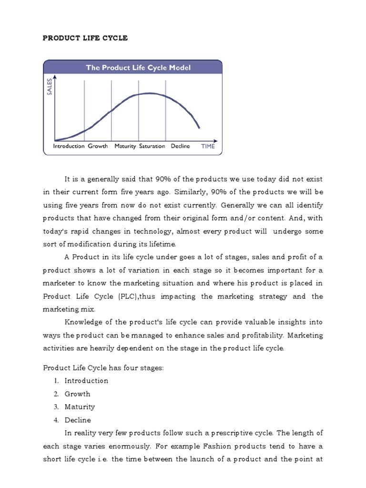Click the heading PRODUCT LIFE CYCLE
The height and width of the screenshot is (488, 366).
(85, 38)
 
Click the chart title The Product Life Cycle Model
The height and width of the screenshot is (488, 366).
(138, 68)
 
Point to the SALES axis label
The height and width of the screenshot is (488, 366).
(49, 87)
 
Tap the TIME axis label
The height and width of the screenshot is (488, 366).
(208, 146)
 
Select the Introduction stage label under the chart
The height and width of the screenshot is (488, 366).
(69, 146)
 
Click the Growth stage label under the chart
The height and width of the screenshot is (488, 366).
(98, 146)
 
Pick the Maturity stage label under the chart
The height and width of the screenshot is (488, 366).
(125, 146)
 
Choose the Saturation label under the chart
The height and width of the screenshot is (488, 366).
(152, 146)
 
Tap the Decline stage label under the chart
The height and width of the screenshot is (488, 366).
(181, 146)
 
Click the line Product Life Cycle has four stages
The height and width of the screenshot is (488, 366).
(103, 368)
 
